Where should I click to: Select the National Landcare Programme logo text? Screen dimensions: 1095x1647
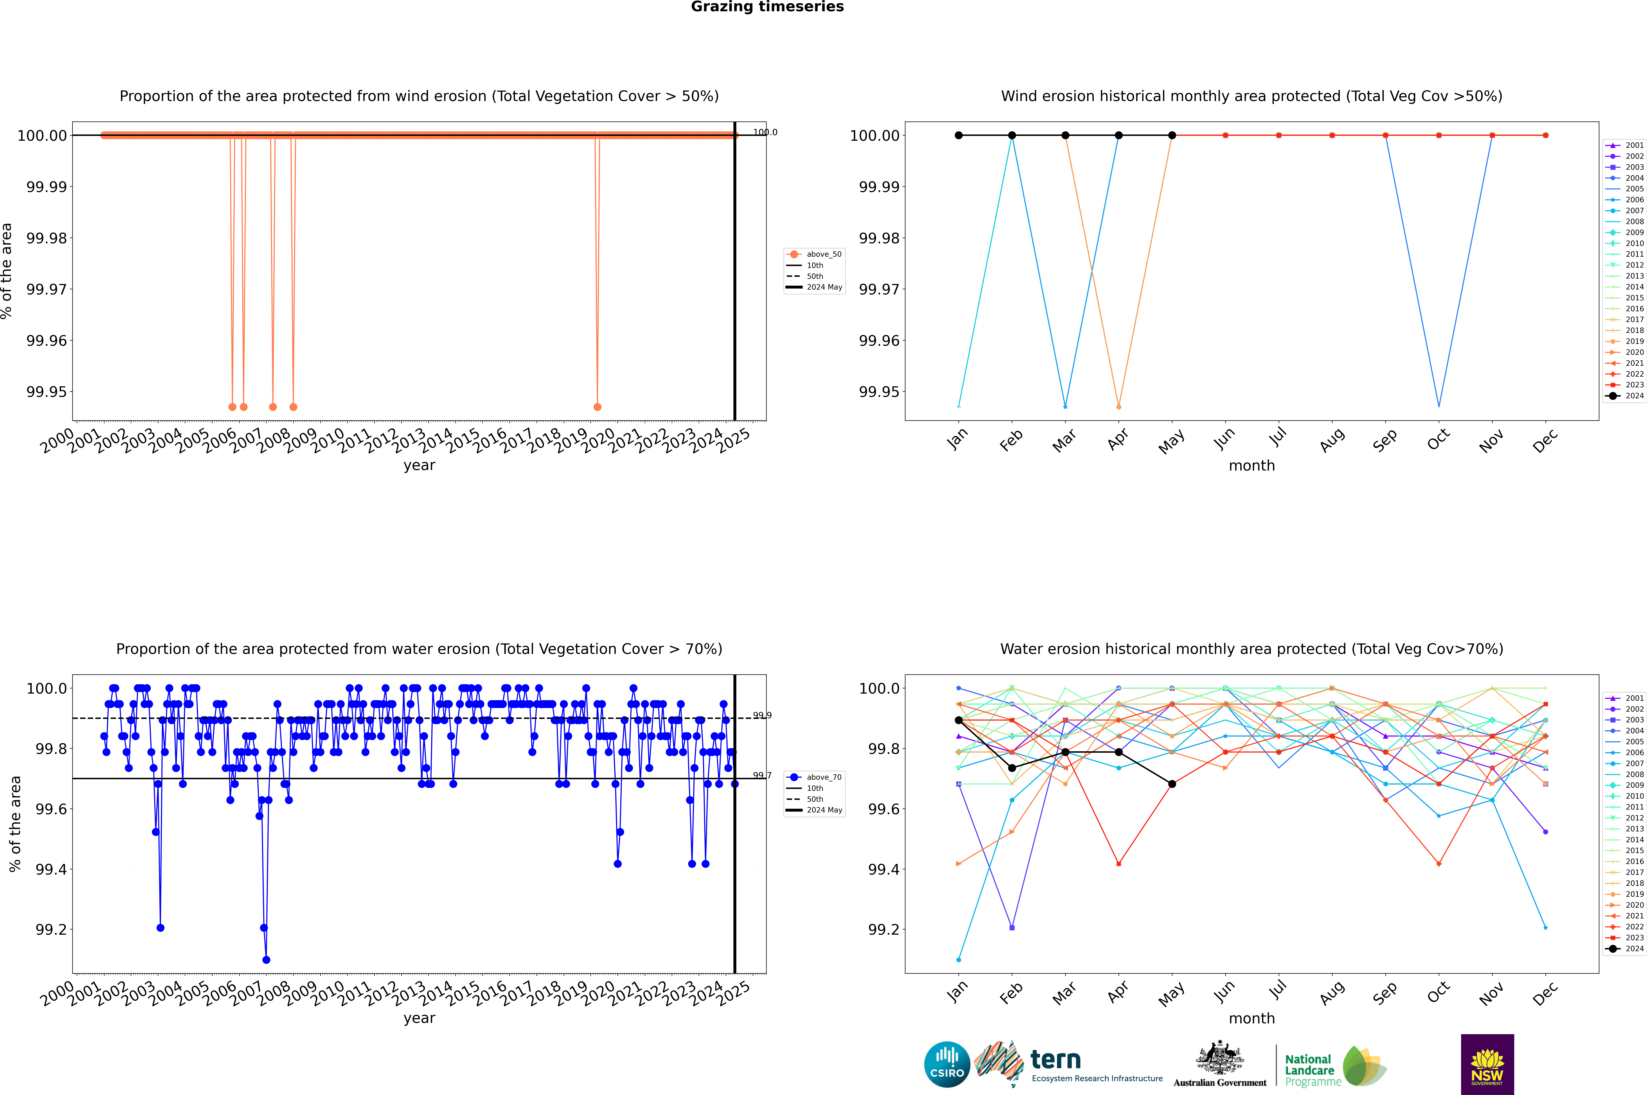[x=1310, y=1070]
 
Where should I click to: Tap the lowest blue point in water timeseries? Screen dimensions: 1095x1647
[x=266, y=959]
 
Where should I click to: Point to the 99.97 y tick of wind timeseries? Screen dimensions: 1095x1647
[x=47, y=289]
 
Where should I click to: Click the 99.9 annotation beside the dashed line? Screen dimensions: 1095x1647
[x=762, y=715]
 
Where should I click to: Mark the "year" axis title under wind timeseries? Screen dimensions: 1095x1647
[x=419, y=465]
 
